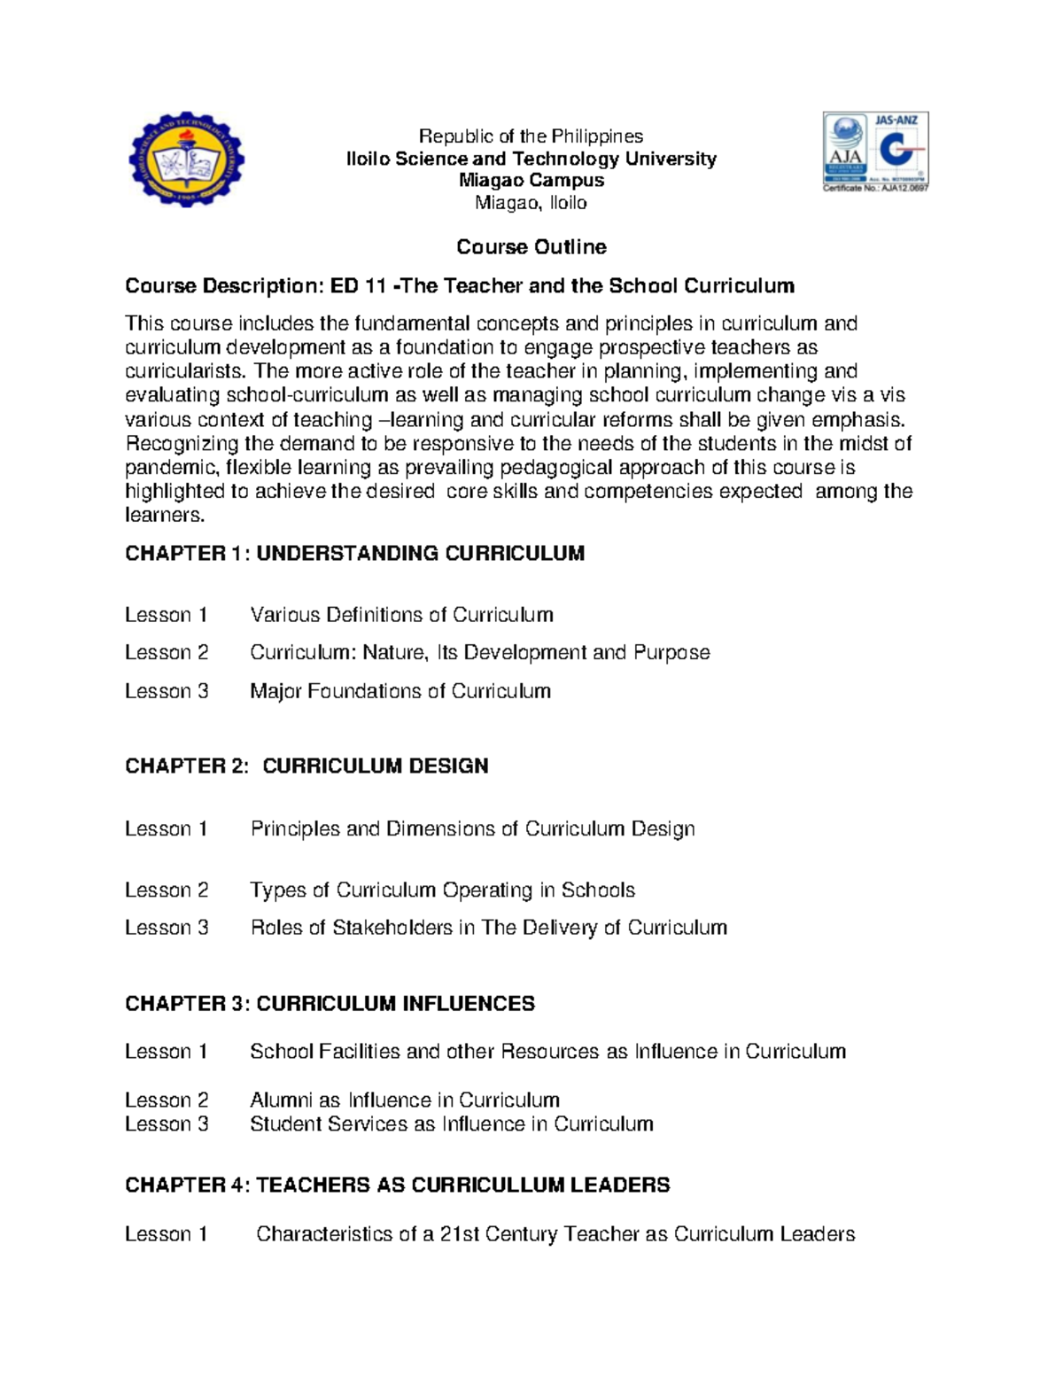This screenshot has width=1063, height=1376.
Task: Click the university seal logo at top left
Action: pyautogui.click(x=186, y=160)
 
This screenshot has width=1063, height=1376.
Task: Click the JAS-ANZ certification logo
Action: pyautogui.click(x=874, y=152)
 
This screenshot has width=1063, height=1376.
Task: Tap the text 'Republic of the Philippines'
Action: pyautogui.click(x=531, y=136)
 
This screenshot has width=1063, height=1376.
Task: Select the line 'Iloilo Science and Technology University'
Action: pyautogui.click(x=531, y=159)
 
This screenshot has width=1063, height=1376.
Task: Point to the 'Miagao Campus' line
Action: pyautogui.click(x=531, y=181)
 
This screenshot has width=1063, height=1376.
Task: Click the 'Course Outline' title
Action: pyautogui.click(x=531, y=247)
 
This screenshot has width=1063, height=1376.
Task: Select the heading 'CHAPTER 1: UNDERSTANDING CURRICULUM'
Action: pyautogui.click(x=354, y=554)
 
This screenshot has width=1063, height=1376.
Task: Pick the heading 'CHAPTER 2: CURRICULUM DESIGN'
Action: pyautogui.click(x=306, y=766)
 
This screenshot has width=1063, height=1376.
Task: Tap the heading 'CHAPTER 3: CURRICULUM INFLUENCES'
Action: pyautogui.click(x=330, y=1004)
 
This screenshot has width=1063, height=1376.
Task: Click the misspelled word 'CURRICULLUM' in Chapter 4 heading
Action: pyautogui.click(x=487, y=1186)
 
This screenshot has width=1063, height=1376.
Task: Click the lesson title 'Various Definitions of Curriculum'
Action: pyautogui.click(x=401, y=615)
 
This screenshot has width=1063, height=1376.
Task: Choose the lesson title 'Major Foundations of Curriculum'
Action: pyautogui.click(x=400, y=691)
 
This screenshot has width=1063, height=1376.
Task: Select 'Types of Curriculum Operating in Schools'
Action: pyautogui.click(x=442, y=890)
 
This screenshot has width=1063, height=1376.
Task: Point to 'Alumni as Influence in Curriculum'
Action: pyautogui.click(x=405, y=1100)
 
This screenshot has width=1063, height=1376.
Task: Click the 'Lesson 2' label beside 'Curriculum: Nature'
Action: pyautogui.click(x=167, y=653)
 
